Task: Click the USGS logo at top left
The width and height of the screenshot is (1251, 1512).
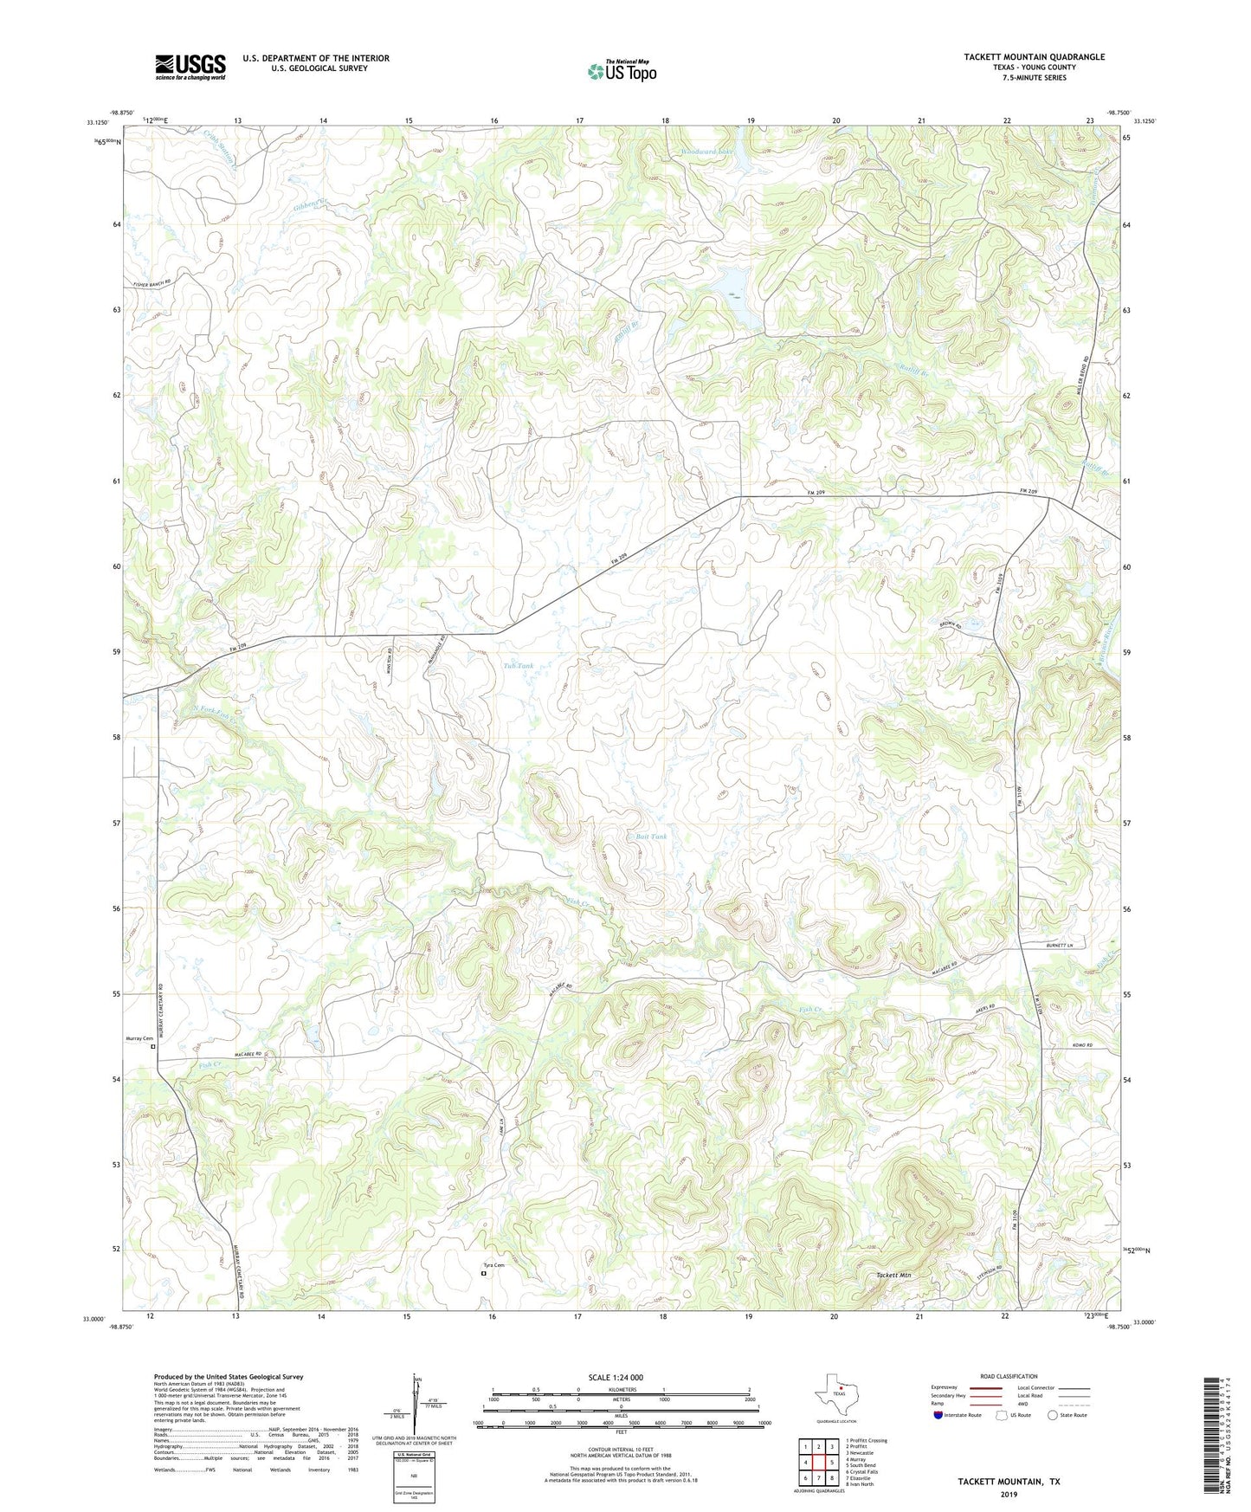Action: coord(190,67)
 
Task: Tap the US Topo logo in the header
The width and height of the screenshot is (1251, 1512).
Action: coord(621,71)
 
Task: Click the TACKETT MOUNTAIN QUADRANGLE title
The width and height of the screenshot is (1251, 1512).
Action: coord(1034,57)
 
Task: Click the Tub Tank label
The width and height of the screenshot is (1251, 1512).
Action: coord(518,666)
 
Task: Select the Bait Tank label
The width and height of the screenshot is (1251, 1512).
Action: coord(651,837)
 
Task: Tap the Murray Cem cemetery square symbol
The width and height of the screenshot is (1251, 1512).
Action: coord(153,1046)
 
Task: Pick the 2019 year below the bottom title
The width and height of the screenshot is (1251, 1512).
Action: coord(1009,1494)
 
